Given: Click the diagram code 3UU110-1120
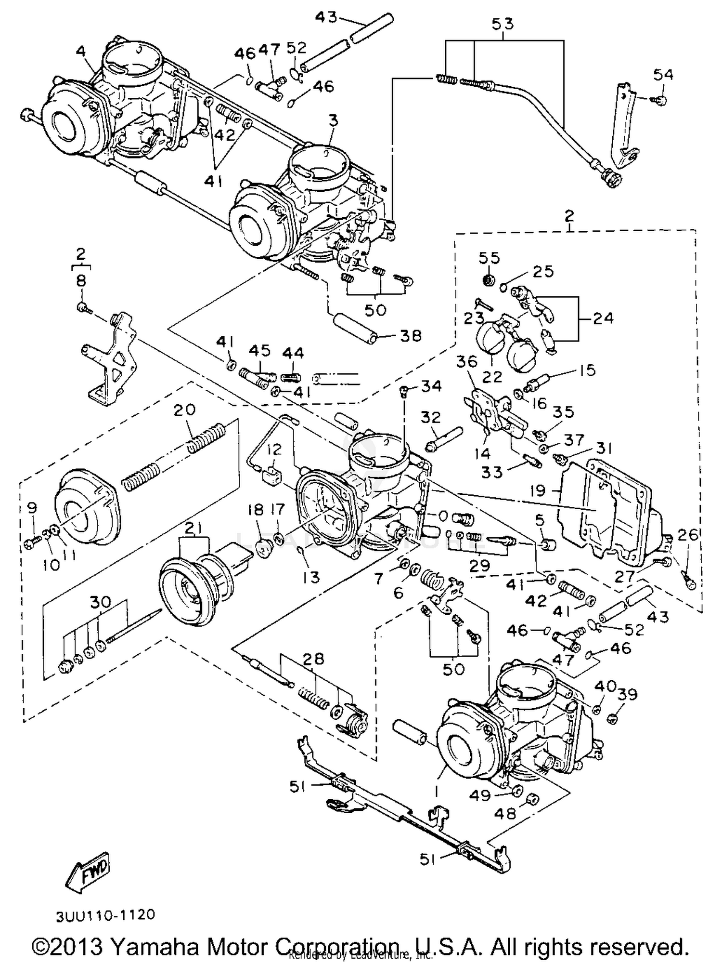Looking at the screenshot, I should tap(105, 915).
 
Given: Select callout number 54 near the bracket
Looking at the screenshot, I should tap(663, 75).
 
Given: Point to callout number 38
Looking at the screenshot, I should tap(410, 335).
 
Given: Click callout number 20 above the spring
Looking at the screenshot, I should tap(184, 410).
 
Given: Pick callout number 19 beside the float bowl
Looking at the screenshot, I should tap(538, 490).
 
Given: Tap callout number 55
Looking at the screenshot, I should tap(489, 258).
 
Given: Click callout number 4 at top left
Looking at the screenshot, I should tap(81, 51).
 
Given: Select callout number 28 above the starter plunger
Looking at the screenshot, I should tap(313, 659).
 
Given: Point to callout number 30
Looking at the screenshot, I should tap(100, 602).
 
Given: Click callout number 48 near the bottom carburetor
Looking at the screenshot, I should tap(505, 814).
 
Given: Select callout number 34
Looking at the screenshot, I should tap(430, 386).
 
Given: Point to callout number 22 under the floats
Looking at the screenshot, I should tap(492, 376).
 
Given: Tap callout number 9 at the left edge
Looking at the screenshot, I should tap(32, 507).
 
